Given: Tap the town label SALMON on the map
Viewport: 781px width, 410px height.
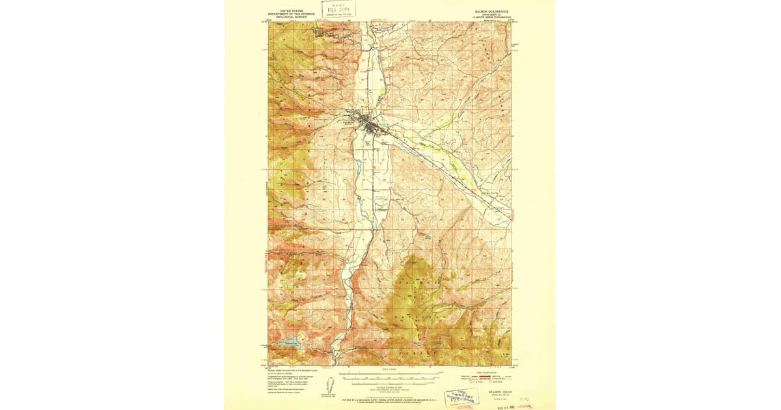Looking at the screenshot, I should coord(349,121).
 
